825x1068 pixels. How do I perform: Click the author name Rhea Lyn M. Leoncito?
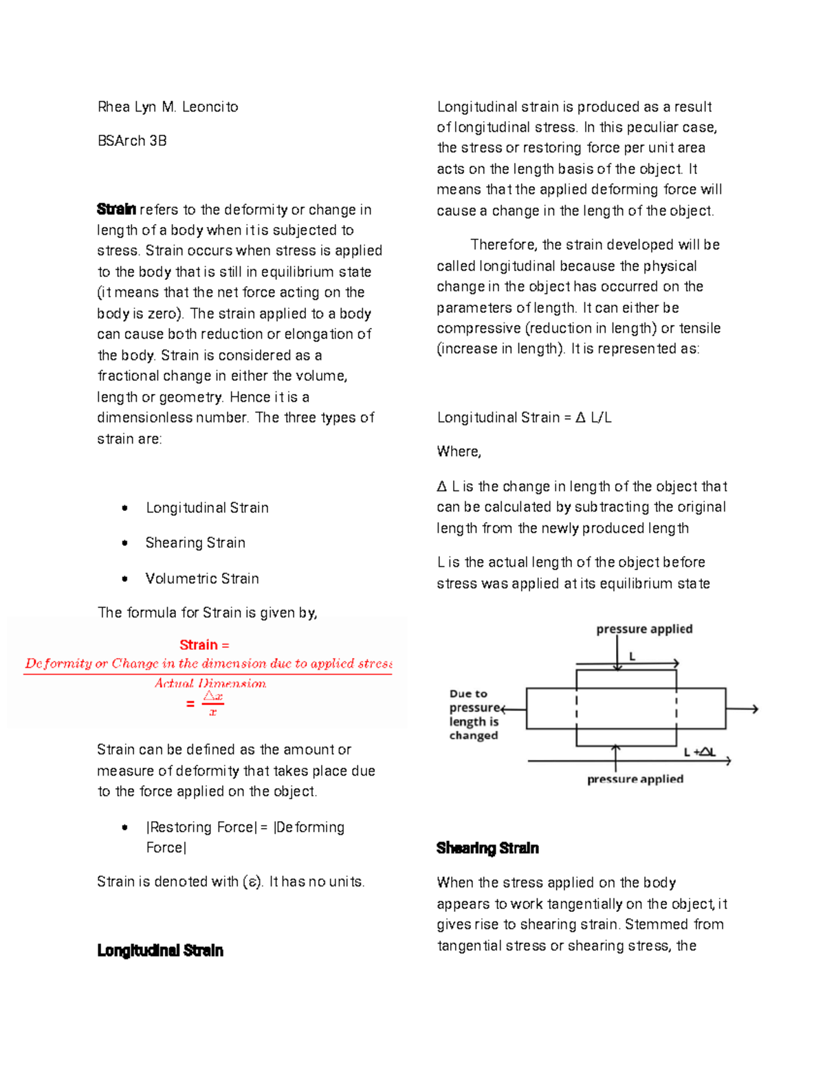168,107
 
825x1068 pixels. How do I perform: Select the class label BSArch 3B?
132,141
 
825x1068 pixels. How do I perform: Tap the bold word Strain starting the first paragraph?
116,209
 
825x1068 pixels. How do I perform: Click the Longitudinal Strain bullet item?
207,508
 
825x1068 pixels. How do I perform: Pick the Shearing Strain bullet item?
195,543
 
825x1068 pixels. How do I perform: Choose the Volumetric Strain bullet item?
202,578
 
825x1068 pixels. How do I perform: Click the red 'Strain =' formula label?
204,645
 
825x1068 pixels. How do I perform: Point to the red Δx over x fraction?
212,704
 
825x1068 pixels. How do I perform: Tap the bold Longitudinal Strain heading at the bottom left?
160,950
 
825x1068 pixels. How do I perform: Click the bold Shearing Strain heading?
487,848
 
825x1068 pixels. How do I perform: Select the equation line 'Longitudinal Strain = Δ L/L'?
524,417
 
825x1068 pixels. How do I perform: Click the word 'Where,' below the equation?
459,452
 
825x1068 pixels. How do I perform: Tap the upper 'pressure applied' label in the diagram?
644,629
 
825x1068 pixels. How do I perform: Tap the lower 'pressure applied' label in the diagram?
635,779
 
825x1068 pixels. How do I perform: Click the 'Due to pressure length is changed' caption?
474,715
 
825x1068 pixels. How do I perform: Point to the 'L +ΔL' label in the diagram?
699,752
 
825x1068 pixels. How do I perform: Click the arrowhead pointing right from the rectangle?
755,709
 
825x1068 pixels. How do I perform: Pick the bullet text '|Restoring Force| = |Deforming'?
245,827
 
